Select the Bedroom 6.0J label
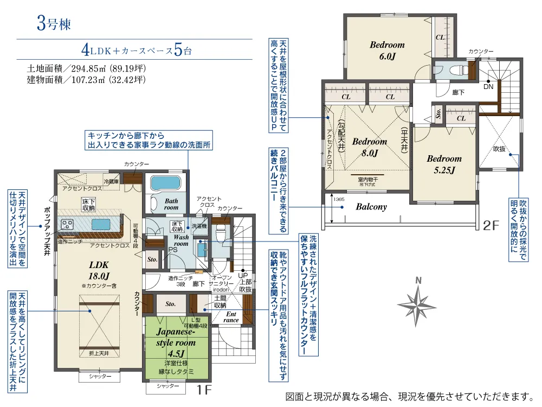tap(387, 50)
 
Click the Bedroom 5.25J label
tap(444, 164)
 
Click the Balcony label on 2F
tap(371, 207)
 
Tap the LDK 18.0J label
tap(99, 270)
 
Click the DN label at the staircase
tap(488, 86)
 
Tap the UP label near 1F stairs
tap(244, 275)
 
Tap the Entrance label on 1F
tap(231, 317)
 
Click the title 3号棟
tap(54, 23)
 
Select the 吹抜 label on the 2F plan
tap(499, 147)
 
